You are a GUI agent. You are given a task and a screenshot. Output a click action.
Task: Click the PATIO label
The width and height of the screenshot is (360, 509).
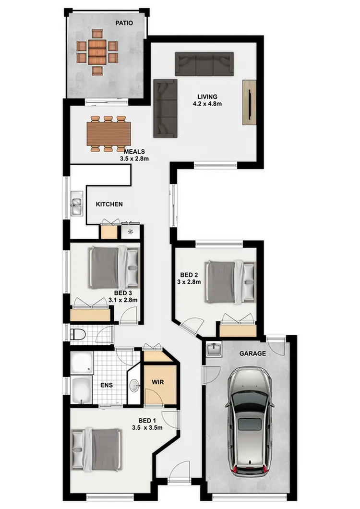point(124,23)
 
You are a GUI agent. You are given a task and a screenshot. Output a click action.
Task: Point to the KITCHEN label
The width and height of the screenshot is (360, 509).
point(109,204)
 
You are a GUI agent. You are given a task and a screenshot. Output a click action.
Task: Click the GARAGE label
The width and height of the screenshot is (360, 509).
point(253,353)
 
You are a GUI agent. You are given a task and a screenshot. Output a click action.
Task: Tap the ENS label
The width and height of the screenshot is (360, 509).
point(106,385)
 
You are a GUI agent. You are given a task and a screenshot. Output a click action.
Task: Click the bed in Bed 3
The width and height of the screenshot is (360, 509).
point(114,267)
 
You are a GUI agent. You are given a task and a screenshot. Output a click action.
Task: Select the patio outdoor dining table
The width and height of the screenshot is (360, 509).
point(97,51)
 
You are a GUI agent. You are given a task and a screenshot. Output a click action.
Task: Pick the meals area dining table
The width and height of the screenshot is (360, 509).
point(108,133)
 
